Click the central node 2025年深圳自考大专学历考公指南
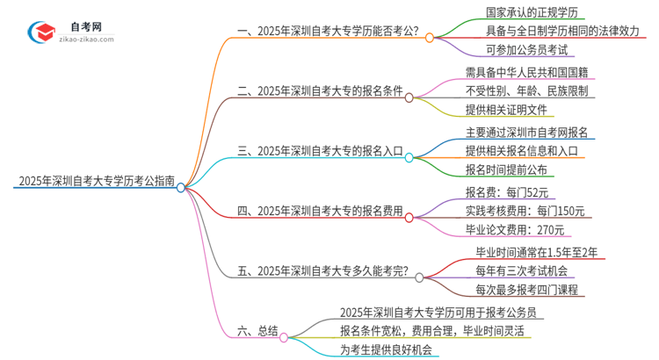coord(91,184)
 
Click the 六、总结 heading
coord(257,331)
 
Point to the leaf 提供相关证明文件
coord(506,110)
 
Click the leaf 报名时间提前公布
coord(506,169)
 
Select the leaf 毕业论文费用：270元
coord(517,230)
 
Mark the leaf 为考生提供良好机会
coord(386,349)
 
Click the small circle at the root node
coord(180,186)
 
